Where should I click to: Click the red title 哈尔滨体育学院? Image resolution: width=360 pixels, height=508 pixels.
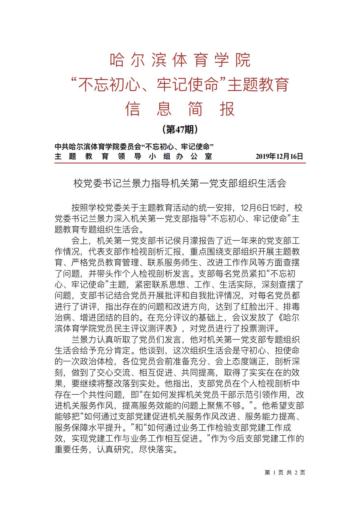180,60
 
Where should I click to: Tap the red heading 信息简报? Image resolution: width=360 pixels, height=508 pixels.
180,109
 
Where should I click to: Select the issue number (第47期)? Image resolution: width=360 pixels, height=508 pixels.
180,129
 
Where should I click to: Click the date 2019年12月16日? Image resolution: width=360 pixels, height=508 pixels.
279,157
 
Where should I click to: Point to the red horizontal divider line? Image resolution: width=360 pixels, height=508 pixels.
180,163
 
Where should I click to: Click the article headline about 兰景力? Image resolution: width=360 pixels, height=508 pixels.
180,183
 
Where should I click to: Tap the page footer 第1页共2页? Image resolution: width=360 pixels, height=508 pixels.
285,472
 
